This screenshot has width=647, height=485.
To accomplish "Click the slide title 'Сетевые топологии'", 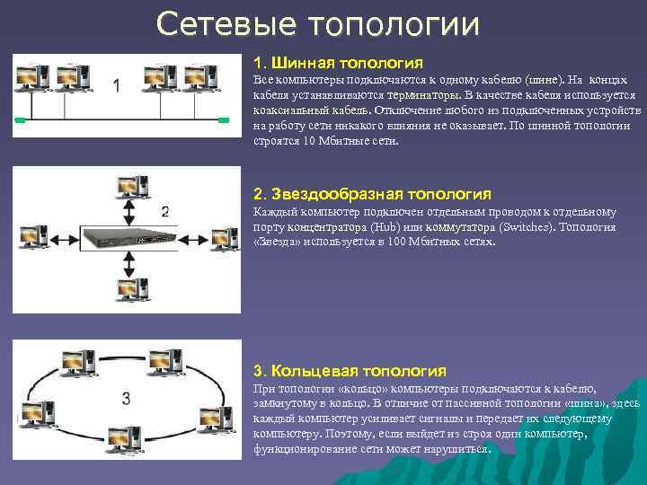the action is pyautogui.click(x=317, y=24).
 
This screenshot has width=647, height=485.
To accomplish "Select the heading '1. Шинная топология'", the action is pyautogui.click(x=338, y=64).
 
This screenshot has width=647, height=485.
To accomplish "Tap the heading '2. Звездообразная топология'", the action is pyautogui.click(x=372, y=194).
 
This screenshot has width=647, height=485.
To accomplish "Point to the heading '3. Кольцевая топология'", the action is pyautogui.click(x=350, y=370).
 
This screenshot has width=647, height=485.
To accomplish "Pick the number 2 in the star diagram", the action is pyautogui.click(x=164, y=213).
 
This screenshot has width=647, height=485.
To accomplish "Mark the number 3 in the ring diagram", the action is pyautogui.click(x=127, y=396).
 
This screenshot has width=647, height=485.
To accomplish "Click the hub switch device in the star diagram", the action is pyautogui.click(x=127, y=238).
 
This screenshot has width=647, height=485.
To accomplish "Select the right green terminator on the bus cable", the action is pyautogui.click(x=221, y=119).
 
